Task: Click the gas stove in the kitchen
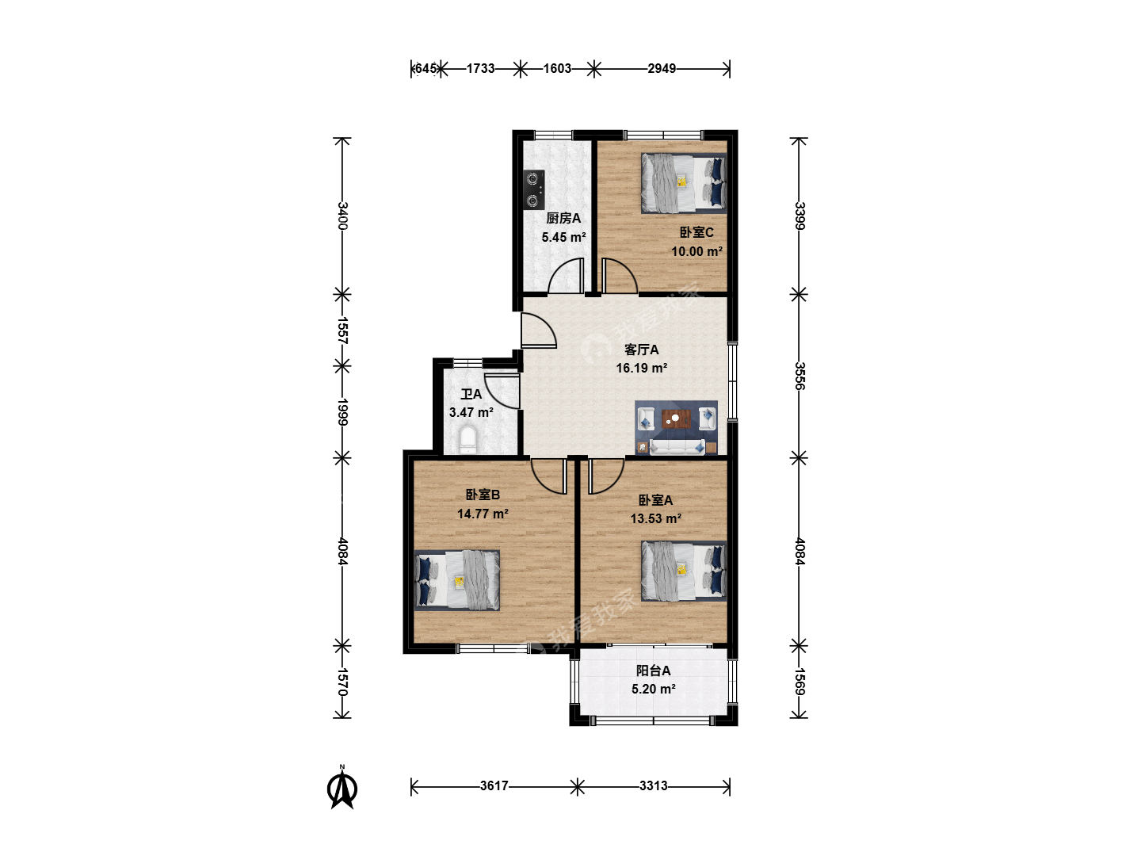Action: [x=534, y=189]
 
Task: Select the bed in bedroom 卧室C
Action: [x=684, y=183]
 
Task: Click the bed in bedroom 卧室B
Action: [x=457, y=580]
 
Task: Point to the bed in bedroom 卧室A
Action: [x=684, y=571]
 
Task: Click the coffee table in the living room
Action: [x=676, y=418]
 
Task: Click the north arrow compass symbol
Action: [x=342, y=788]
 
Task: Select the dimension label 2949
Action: [x=661, y=69]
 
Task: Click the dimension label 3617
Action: [x=494, y=785]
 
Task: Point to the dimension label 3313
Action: [x=654, y=785]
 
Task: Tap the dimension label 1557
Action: [x=342, y=331]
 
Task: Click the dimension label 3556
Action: [x=800, y=376]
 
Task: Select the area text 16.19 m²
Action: [x=642, y=368]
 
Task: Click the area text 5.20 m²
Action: [x=654, y=690]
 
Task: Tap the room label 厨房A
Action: [x=563, y=218]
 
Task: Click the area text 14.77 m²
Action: [x=483, y=514]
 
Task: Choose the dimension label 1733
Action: [x=480, y=69]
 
